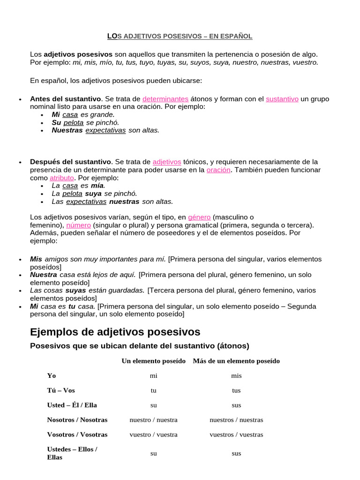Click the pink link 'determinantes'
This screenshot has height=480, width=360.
165,99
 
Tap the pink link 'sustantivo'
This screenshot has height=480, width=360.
282,99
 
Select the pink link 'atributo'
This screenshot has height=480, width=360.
62,178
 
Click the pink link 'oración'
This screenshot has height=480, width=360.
218,170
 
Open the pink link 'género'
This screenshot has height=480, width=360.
199,217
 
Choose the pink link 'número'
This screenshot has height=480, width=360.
78,225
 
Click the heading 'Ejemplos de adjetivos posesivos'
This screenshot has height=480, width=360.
115,332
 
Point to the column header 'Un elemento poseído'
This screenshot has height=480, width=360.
154,361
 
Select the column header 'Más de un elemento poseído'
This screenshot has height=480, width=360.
236,361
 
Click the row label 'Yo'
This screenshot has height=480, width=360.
52,375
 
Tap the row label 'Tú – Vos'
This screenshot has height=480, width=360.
61,390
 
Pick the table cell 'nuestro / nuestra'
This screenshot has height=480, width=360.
154,420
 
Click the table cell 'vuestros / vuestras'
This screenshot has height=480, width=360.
236,435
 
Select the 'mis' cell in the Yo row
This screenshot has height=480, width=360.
236,375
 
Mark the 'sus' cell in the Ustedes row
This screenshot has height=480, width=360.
236,453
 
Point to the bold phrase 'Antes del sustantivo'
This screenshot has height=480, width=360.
65,99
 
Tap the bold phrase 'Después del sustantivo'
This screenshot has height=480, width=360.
70,162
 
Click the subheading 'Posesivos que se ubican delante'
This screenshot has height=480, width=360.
139,346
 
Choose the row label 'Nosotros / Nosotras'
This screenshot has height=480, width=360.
77,420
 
